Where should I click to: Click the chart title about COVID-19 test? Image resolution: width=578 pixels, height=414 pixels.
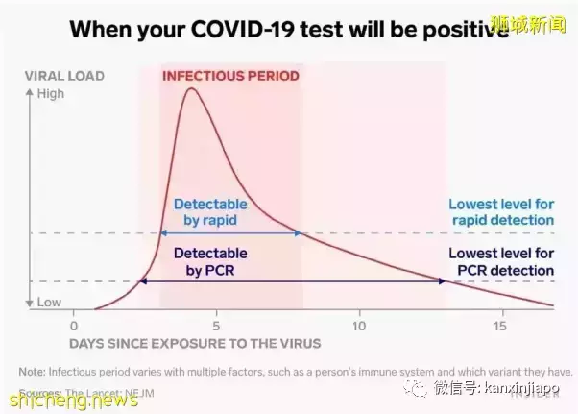click(288, 29)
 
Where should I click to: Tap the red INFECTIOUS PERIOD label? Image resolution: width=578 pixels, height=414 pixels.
click(230, 75)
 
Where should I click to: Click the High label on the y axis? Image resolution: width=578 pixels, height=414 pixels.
click(50, 94)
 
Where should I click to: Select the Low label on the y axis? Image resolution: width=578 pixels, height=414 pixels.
click(49, 303)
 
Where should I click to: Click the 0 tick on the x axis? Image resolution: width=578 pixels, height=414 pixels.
click(73, 325)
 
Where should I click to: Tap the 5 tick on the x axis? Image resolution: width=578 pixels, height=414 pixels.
click(217, 325)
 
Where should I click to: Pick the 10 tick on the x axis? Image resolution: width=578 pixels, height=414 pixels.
click(359, 325)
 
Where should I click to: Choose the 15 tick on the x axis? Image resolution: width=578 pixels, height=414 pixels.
click(500, 325)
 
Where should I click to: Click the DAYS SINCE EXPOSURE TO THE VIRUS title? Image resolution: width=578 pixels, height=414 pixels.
click(195, 342)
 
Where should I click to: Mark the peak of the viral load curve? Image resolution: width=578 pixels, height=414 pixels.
click(192, 89)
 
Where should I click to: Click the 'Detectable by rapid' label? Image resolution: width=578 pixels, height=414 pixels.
click(210, 211)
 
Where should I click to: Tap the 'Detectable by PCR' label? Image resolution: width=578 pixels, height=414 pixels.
click(210, 261)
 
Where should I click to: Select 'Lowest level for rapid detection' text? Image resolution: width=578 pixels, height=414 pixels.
click(501, 211)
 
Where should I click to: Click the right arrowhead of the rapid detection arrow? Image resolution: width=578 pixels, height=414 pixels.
click(299, 233)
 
